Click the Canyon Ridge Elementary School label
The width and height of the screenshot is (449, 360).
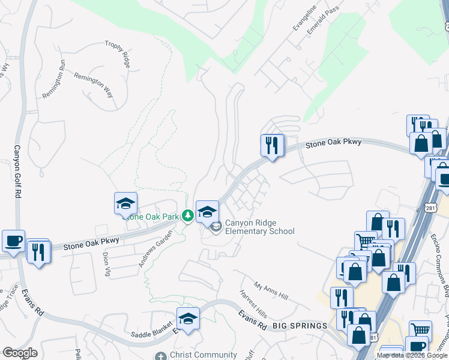coord(260,227)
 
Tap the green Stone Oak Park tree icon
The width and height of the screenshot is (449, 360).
coord(187,215)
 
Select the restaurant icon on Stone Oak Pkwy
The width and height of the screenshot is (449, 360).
coord(272,145)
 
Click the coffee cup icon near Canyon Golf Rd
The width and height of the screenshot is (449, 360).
coord(13,241)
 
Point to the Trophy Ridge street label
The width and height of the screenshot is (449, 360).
coord(117,52)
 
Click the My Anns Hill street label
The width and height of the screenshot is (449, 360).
coord(271,291)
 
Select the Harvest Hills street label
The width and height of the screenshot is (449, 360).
coord(253,304)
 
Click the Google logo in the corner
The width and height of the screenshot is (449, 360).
coord(20,353)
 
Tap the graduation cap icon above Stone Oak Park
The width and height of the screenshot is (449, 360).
coord(126,203)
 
